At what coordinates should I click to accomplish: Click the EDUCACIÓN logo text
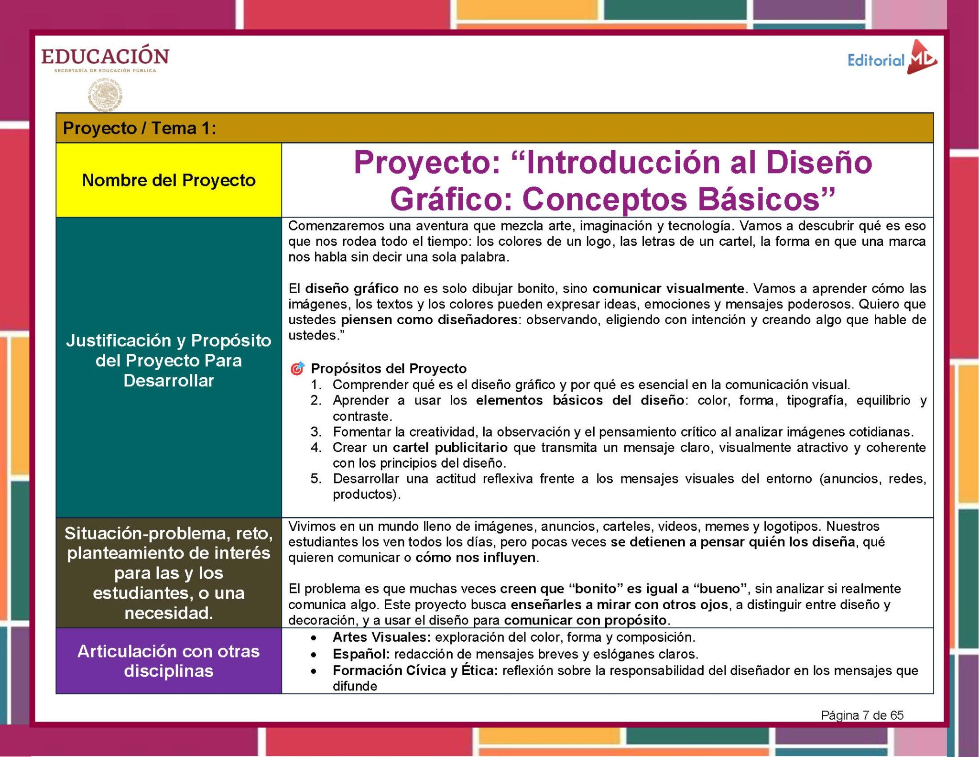click(x=105, y=56)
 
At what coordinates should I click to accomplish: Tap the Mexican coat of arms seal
click(x=105, y=95)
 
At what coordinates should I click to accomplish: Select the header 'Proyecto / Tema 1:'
click(x=139, y=128)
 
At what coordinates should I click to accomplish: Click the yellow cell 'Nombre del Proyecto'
click(x=169, y=180)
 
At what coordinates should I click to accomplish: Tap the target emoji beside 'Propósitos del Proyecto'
click(x=297, y=368)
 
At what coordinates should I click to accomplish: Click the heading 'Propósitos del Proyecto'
click(x=389, y=368)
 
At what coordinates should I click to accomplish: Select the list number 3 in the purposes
click(x=315, y=432)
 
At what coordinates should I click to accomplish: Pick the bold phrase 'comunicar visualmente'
click(x=668, y=288)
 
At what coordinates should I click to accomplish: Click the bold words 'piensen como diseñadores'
click(x=429, y=319)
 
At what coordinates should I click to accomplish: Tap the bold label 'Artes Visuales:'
click(x=382, y=637)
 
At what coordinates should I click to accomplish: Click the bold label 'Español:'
click(x=361, y=654)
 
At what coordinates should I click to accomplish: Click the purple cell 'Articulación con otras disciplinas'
click(x=169, y=660)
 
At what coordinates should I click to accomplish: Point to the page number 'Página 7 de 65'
click(x=862, y=715)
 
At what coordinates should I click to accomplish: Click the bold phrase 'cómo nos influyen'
click(x=475, y=558)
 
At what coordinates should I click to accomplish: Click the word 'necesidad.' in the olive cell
click(x=169, y=613)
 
